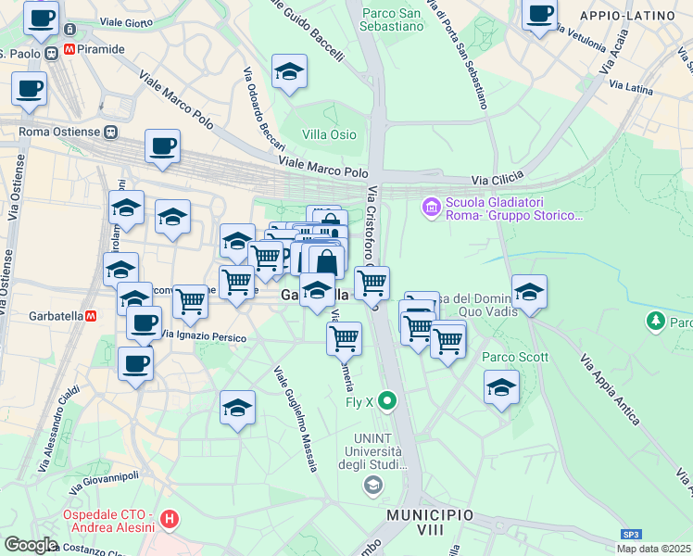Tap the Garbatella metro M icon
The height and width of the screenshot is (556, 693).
[91, 315]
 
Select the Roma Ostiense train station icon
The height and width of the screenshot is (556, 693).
[110, 132]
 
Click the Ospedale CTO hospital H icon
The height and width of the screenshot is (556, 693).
[169, 520]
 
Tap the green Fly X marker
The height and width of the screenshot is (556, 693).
[387, 402]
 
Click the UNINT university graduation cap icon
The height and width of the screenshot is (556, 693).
[372, 485]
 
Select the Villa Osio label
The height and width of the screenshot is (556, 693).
[329, 134]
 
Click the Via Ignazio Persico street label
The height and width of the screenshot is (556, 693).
[203, 335]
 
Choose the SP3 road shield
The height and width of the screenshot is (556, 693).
[631, 535]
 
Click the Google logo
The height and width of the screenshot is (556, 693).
[31, 545]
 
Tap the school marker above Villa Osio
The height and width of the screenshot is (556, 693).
[290, 73]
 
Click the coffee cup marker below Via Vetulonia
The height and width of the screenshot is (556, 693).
[539, 16]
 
